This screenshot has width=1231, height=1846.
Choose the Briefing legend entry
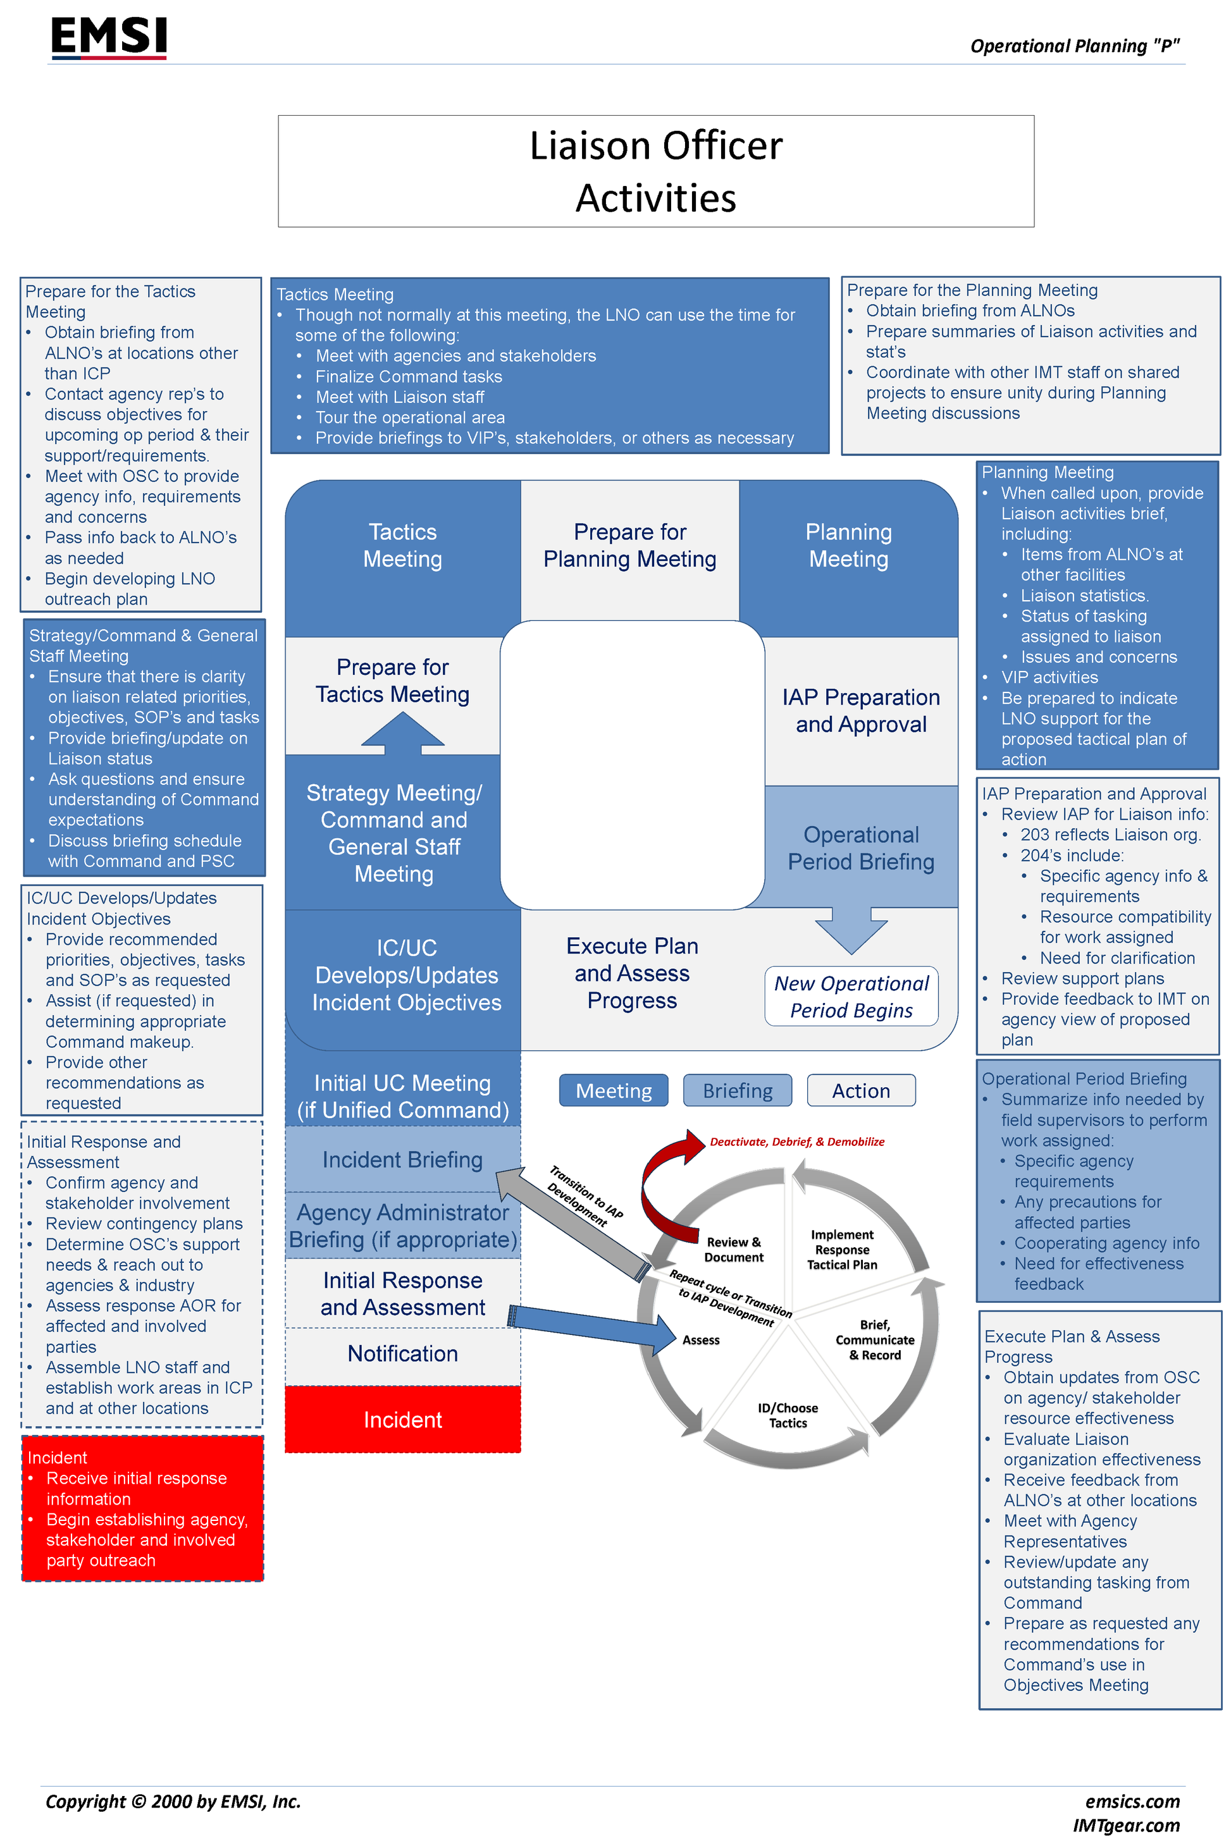coord(737,1090)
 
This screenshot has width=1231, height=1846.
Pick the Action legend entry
coord(860,1090)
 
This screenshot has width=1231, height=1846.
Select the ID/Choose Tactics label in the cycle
coord(788,1415)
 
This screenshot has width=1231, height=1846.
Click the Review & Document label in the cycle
coord(733,1250)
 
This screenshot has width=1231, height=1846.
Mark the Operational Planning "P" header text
coord(1074,46)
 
